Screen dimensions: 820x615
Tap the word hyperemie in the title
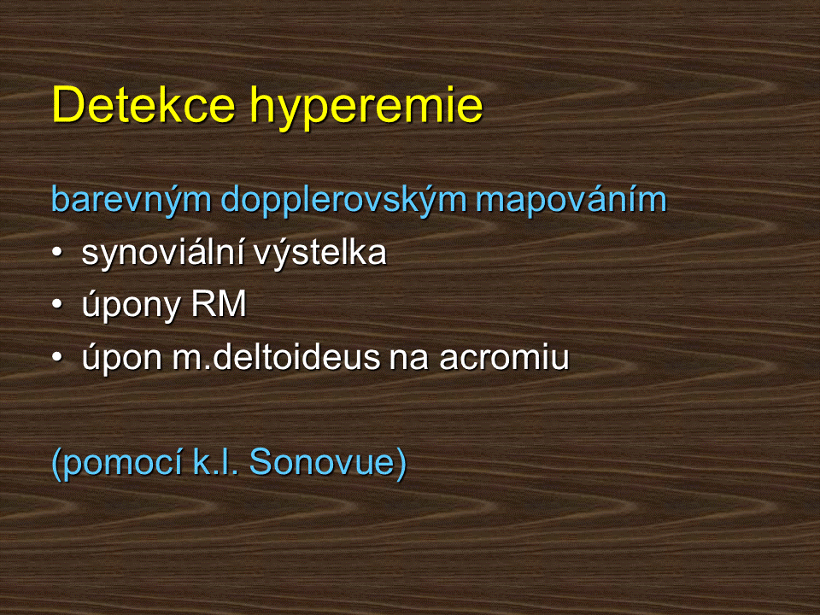pos(366,108)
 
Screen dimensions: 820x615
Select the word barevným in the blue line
pos(132,200)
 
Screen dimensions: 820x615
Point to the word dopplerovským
pos(343,200)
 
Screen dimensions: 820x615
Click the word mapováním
pos(571,199)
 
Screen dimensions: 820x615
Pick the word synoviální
pos(162,253)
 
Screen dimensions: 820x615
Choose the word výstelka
pos(320,253)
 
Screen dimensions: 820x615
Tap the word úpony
pos(132,306)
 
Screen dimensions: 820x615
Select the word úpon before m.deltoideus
pos(122,358)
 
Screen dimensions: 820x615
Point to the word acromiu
pos(504,357)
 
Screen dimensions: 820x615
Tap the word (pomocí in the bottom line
pos(117,463)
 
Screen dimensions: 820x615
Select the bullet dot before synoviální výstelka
pos(57,252)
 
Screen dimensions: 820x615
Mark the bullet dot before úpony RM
pos(57,304)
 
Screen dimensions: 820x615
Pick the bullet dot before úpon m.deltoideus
pos(57,357)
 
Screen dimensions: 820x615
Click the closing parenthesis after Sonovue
pos(401,463)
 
